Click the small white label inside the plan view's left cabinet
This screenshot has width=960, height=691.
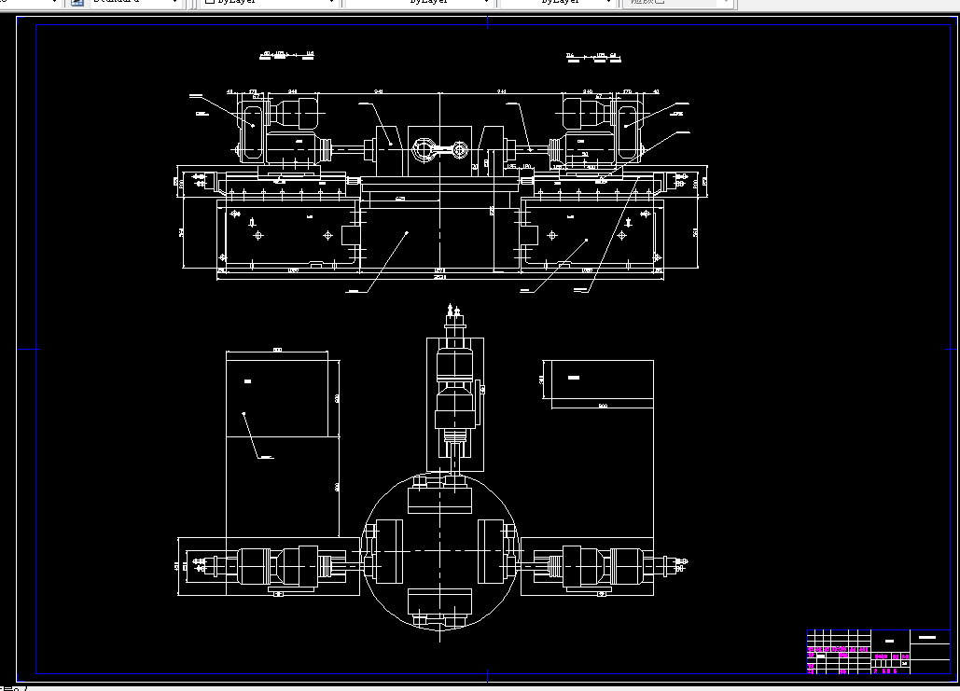point(247,381)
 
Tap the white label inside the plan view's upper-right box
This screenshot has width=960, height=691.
point(574,378)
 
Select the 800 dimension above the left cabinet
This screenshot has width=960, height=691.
point(277,350)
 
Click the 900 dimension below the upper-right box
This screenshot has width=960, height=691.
point(603,407)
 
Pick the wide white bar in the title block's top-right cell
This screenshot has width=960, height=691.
point(927,637)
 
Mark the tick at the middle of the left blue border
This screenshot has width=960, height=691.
point(36,350)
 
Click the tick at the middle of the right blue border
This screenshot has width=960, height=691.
point(949,350)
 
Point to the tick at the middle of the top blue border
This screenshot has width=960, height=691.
point(487,25)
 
